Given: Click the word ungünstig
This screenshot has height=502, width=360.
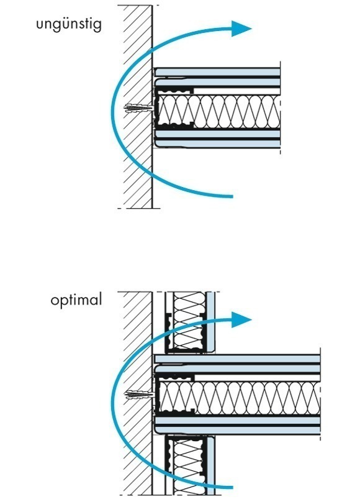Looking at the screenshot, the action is (69, 25).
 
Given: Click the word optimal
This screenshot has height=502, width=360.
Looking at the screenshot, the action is (76, 300).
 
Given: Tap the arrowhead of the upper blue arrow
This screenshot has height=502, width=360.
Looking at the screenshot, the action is (241, 29).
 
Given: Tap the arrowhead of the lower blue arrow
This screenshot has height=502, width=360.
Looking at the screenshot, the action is (241, 319).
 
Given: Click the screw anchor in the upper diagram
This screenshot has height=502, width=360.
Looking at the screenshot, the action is (139, 108).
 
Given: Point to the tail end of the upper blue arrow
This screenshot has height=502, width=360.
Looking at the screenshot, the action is (232, 196).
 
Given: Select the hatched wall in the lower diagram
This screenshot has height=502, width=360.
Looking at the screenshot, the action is (135, 393).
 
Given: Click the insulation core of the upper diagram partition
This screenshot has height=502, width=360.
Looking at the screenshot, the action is (220, 111).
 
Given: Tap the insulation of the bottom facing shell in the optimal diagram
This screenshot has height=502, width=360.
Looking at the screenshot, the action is (189, 467).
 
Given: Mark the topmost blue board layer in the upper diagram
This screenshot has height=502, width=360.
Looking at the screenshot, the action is (217, 72).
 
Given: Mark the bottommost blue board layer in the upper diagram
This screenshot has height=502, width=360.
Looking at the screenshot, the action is (217, 144).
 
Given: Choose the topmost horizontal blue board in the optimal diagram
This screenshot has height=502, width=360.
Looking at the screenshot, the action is (237, 359).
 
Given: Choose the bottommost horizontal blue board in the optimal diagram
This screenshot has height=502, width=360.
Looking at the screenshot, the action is (237, 431).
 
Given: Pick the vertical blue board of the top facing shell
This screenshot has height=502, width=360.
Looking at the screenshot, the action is (210, 321).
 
